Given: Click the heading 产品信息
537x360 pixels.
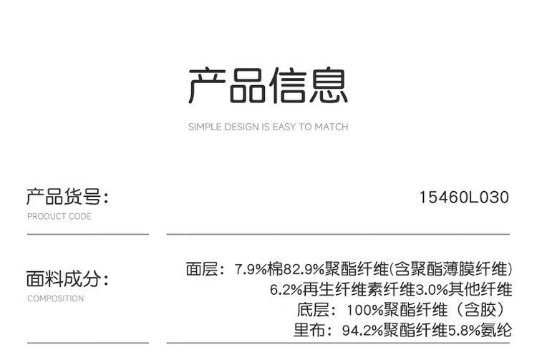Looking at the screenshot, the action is coord(268,87).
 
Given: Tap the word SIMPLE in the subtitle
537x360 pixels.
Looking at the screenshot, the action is coord(204,127).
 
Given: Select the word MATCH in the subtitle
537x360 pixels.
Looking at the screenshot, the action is coord(332,127).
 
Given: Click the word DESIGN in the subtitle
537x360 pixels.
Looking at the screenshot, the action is coord(241,127).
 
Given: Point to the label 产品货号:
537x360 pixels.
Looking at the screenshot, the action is coord(68,197).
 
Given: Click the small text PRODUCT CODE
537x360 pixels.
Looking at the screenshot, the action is coord(59,216).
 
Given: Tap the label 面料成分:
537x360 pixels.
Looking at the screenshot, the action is coord(68,279).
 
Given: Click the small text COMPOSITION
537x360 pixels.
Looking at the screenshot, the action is coord(56,298).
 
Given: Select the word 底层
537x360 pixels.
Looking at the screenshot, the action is coord(311,310).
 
